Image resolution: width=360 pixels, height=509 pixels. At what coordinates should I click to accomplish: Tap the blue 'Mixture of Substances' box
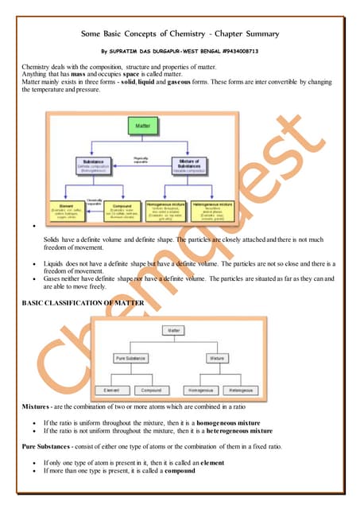tap(192, 166)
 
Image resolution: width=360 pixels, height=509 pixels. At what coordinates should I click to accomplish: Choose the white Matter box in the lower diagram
tap(173, 329)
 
